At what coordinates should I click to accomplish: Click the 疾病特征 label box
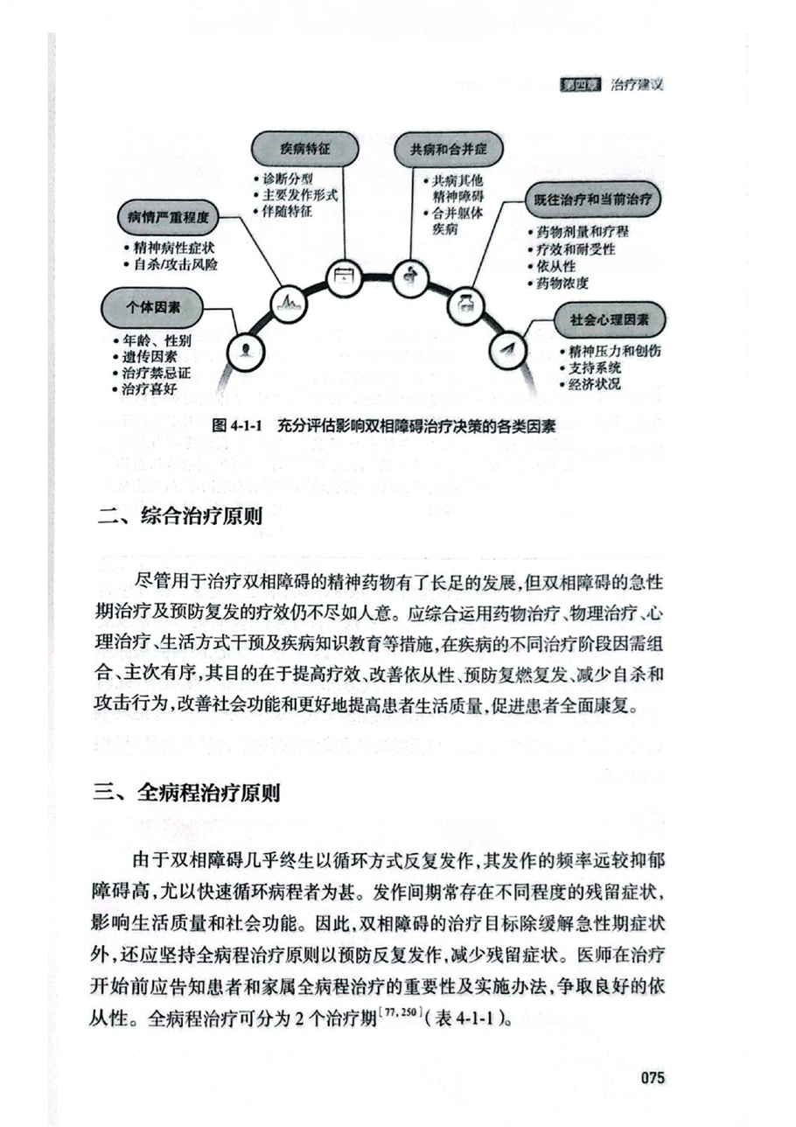[305, 150]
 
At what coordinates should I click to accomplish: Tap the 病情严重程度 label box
[166, 216]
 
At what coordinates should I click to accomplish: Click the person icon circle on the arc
[247, 351]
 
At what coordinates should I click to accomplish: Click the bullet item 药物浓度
[562, 283]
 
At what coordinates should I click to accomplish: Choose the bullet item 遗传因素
[150, 357]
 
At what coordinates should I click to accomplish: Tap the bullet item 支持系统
[592, 367]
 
